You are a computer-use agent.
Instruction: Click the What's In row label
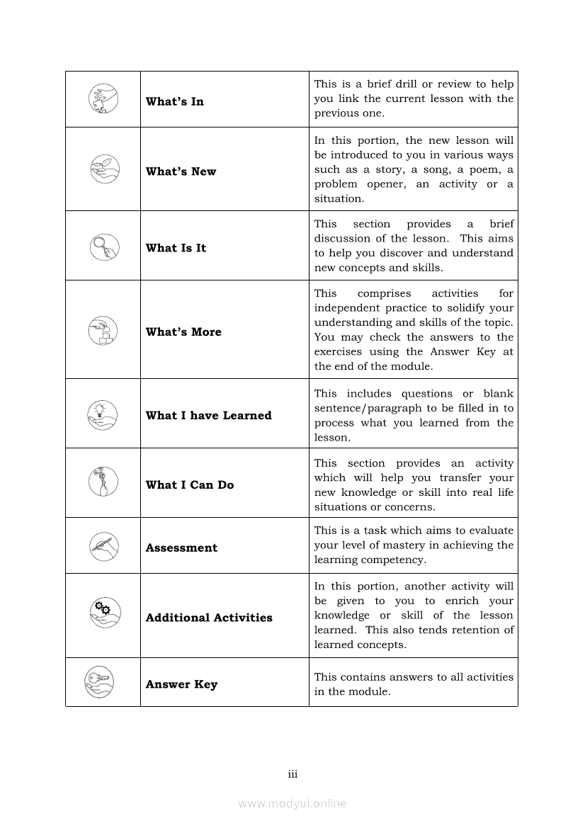(x=174, y=101)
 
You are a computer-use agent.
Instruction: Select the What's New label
(x=181, y=171)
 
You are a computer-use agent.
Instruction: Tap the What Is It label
(x=176, y=248)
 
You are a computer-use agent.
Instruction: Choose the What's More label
(x=183, y=331)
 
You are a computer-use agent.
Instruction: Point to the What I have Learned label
(x=208, y=416)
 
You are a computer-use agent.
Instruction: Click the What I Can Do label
(x=189, y=485)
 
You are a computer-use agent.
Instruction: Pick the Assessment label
(x=181, y=548)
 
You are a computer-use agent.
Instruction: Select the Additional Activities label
(x=209, y=618)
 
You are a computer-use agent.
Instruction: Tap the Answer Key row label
(x=181, y=684)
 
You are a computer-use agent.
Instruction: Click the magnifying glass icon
(x=103, y=246)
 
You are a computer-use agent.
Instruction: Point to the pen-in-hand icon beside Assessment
(x=103, y=546)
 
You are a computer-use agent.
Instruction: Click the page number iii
(x=292, y=774)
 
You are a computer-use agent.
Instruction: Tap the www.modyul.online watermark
(x=292, y=803)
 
